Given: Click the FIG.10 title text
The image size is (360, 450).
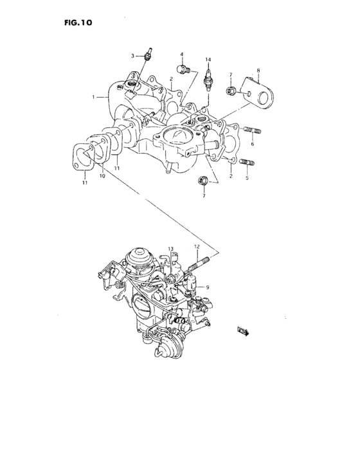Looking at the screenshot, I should coord(79,22).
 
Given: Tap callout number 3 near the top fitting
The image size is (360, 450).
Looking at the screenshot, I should coord(132,57).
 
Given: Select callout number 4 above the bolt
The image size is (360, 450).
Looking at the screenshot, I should coord(182,54).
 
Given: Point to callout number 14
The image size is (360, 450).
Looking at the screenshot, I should coord(208,60).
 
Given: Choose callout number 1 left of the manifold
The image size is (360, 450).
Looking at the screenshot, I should coord(94,97).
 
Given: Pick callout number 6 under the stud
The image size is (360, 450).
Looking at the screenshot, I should coord(253,145).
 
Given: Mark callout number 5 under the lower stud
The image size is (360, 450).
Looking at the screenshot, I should coord(246,178).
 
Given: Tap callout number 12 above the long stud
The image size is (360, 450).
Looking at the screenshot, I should coord(197,247).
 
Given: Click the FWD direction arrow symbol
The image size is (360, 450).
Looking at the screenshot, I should coord(244,332).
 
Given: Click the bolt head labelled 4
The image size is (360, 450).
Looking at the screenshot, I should coord(184,68).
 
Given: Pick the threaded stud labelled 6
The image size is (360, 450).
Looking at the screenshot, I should coord(252,133).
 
